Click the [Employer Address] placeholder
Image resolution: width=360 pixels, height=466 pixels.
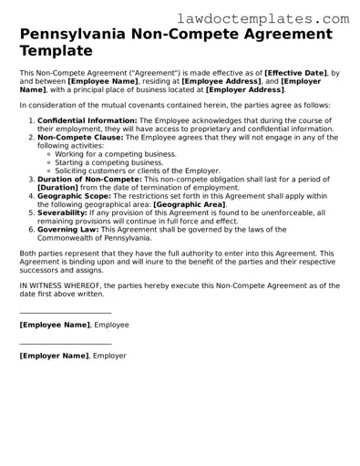click(243, 90)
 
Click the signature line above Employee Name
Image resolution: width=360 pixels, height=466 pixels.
click(65, 313)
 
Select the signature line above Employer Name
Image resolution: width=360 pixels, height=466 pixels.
click(65, 344)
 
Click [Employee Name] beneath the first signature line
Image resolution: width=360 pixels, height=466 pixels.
click(55, 324)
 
